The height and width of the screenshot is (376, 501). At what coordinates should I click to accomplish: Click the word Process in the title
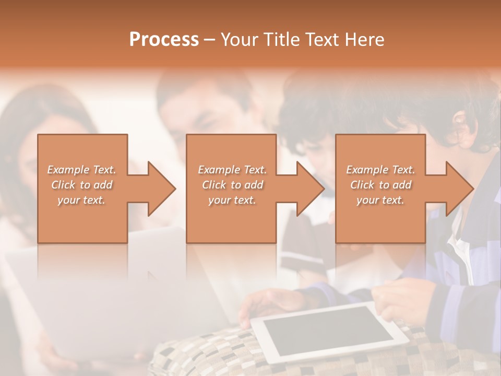tap(164, 40)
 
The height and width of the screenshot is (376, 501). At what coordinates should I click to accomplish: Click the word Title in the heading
tap(279, 40)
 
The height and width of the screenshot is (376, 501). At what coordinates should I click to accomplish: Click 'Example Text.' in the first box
tap(81, 170)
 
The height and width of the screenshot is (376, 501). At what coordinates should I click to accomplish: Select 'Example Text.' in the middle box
tap(232, 170)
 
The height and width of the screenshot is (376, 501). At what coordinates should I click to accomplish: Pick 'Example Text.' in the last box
tap(380, 170)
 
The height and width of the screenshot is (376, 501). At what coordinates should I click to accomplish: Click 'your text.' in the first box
tap(81, 200)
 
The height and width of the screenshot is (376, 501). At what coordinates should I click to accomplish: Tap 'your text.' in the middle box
tap(232, 200)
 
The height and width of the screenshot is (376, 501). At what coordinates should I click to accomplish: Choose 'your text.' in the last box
tap(380, 200)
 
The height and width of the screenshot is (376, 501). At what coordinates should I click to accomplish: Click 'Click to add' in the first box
tap(81, 185)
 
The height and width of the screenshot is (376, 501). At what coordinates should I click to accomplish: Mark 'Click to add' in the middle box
tap(232, 185)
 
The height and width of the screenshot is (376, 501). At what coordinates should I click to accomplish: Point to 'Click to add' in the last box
tap(380, 185)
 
